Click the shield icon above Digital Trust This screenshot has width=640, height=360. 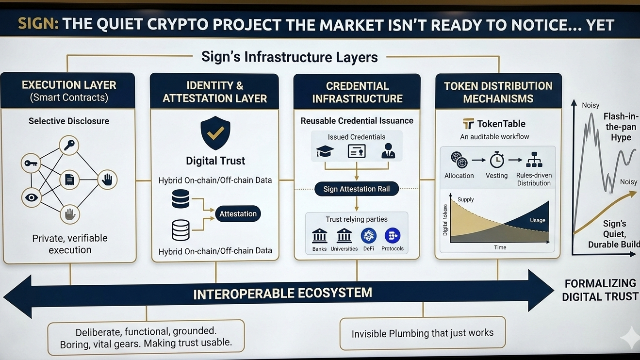point(215,132)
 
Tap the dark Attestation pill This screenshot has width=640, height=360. point(238,214)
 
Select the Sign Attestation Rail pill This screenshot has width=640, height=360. point(357,189)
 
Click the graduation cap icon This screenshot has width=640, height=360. point(325,152)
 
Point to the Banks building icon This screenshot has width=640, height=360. point(319,236)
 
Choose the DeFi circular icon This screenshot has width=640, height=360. point(369,236)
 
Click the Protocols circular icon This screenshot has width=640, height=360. point(392,236)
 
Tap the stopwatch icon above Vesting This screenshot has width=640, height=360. point(497,160)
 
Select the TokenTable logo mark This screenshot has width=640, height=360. point(468,124)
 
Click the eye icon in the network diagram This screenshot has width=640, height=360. point(32,197)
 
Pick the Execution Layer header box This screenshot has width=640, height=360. point(68,91)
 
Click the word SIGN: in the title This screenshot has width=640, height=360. point(38,24)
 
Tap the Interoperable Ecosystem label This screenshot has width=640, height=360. point(282,294)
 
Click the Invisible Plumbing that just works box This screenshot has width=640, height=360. point(423,333)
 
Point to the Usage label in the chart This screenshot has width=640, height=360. point(537,220)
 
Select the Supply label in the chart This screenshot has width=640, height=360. point(466,199)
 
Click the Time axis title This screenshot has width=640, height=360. point(500,247)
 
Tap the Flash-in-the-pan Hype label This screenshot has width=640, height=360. point(621,127)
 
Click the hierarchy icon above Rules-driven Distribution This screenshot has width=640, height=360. point(534,160)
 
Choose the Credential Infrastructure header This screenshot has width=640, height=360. point(357,92)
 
